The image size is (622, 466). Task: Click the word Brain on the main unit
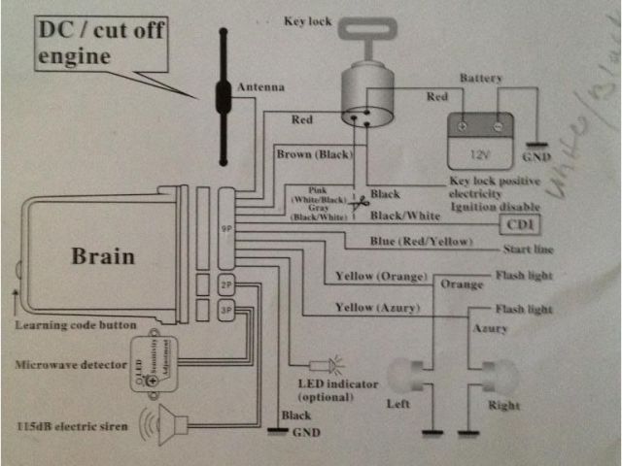[102, 258]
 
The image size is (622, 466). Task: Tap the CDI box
[517, 224]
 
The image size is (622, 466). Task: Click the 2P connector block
[225, 285]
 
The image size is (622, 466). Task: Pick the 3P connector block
[225, 312]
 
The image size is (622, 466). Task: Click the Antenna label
[261, 88]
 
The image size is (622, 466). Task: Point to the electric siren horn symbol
[171, 424]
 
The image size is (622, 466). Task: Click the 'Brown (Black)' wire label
[314, 154]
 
